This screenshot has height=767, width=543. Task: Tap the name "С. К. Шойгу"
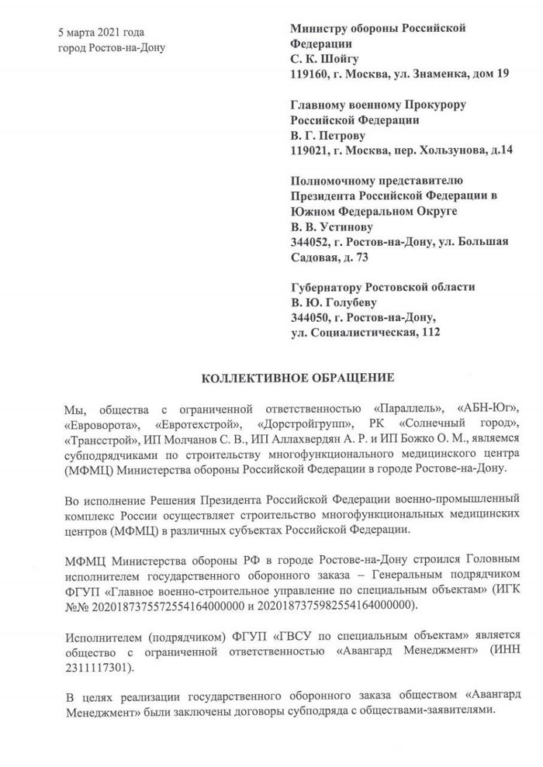324,59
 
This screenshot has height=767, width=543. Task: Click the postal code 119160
307,74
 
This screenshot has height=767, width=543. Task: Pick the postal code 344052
307,242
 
